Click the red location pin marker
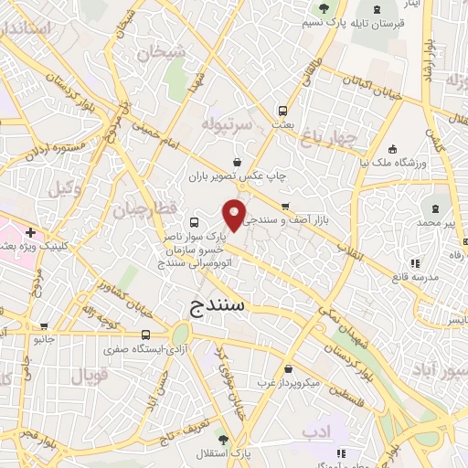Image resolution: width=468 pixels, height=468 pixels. [x=235, y=215]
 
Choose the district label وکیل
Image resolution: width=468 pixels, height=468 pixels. [x=58, y=189]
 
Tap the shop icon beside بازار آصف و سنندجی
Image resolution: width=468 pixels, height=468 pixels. [x=286, y=206]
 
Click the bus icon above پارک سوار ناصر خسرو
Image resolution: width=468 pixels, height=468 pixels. [x=194, y=221]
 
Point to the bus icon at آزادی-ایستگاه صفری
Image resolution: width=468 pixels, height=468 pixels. [x=146, y=335]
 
